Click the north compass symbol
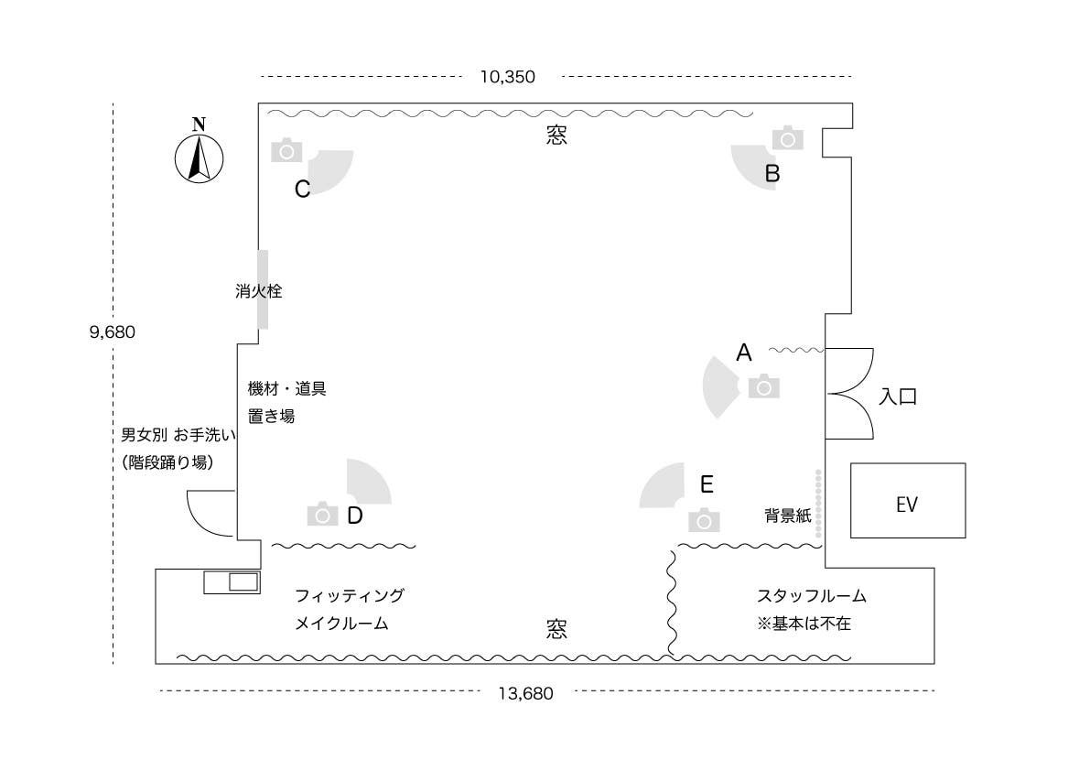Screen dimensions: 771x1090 199,157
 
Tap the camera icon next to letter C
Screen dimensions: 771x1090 286,150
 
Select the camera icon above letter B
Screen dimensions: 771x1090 787,138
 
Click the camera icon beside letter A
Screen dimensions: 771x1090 763,387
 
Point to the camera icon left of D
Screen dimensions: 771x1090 321,515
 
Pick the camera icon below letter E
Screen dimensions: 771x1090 704,520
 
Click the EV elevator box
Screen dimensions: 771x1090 907,501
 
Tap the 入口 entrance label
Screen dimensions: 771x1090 898,396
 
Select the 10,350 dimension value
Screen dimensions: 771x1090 507,77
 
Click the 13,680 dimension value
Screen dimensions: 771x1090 525,693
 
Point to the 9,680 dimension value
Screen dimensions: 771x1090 112,332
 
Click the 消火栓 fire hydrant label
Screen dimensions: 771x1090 257,292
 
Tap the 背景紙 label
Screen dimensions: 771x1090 787,516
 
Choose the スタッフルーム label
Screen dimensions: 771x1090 811,596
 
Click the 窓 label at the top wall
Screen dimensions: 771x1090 556,136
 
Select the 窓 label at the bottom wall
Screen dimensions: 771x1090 556,628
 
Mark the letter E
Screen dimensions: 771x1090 707,483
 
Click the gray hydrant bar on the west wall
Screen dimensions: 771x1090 263,289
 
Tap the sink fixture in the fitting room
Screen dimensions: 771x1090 232,581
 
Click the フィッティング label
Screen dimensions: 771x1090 349,596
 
